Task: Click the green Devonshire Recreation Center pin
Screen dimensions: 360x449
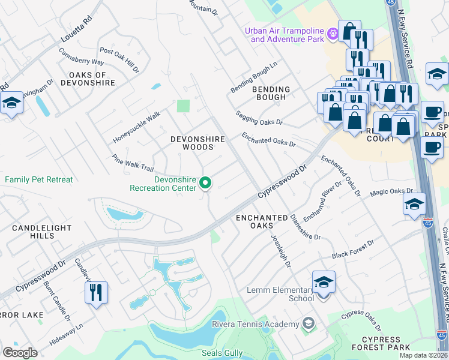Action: click(x=205, y=183)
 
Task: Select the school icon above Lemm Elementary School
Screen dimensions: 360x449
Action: click(x=324, y=283)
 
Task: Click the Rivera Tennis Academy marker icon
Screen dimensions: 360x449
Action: click(x=308, y=324)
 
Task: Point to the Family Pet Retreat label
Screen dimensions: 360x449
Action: click(x=39, y=179)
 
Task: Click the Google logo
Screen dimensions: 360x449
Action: click(x=20, y=352)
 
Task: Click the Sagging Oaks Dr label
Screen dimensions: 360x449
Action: click(x=259, y=118)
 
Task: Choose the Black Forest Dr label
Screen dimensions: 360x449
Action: click(x=353, y=250)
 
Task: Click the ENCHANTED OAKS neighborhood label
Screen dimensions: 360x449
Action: click(x=262, y=221)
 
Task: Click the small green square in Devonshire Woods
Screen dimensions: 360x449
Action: click(x=183, y=106)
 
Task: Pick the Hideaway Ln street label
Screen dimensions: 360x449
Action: click(x=67, y=340)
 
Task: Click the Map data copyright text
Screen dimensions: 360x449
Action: click(x=424, y=355)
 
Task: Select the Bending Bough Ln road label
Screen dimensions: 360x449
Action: click(x=255, y=77)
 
